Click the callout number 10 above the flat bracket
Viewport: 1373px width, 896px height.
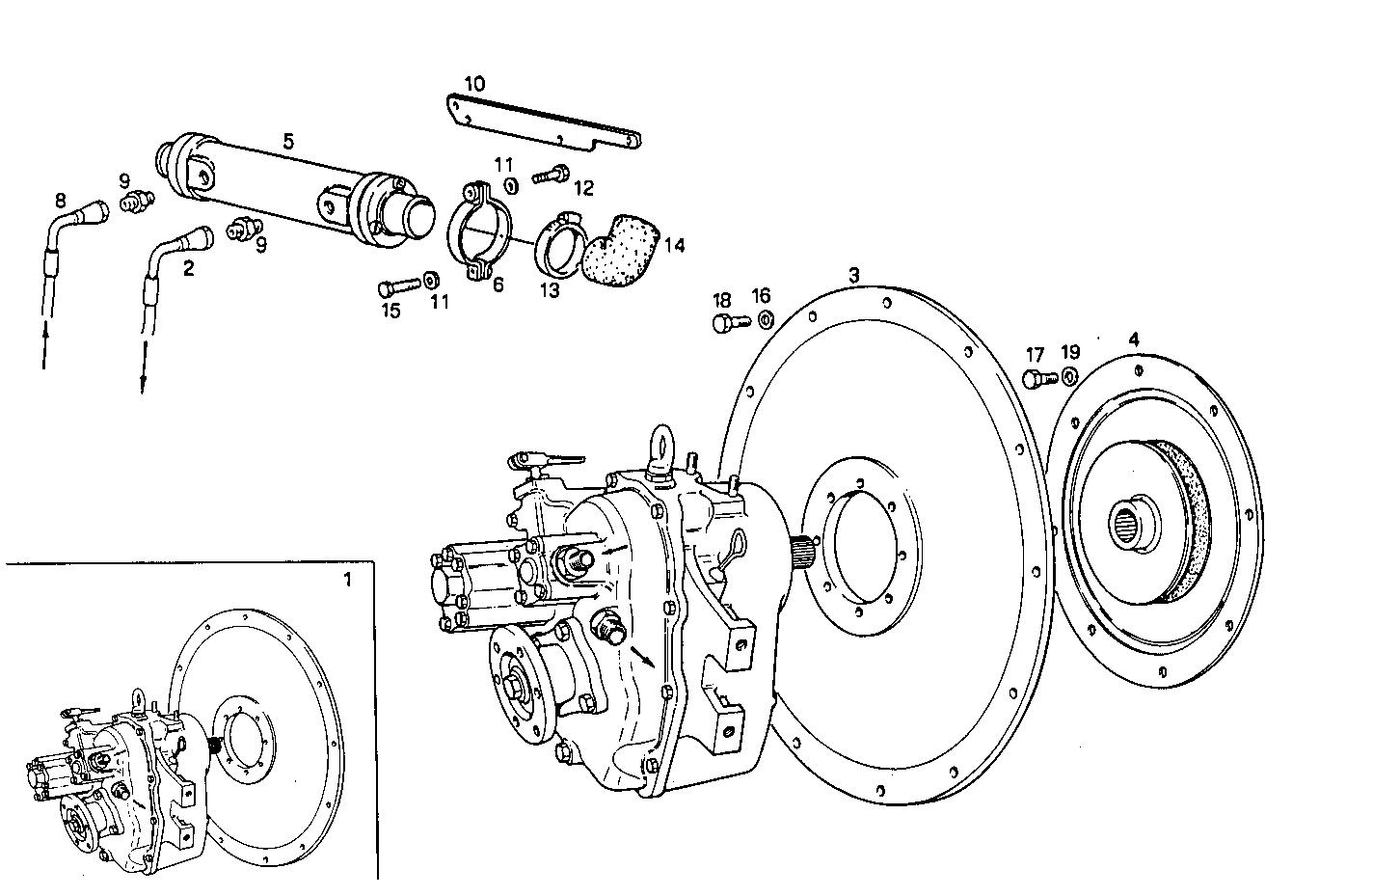click(474, 84)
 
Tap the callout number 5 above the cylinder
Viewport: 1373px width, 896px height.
click(288, 141)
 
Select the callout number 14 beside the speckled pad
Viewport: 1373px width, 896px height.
click(674, 246)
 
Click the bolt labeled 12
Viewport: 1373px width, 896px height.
click(551, 175)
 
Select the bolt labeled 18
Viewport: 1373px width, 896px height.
click(725, 323)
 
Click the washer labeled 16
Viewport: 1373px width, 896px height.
click(764, 320)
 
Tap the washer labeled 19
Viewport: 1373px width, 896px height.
click(1070, 376)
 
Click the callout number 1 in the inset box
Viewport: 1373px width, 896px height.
click(348, 580)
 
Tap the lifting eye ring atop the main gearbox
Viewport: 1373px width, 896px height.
click(663, 445)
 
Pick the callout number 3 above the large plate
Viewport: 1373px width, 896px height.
click(853, 275)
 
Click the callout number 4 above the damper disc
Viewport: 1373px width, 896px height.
click(1134, 339)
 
